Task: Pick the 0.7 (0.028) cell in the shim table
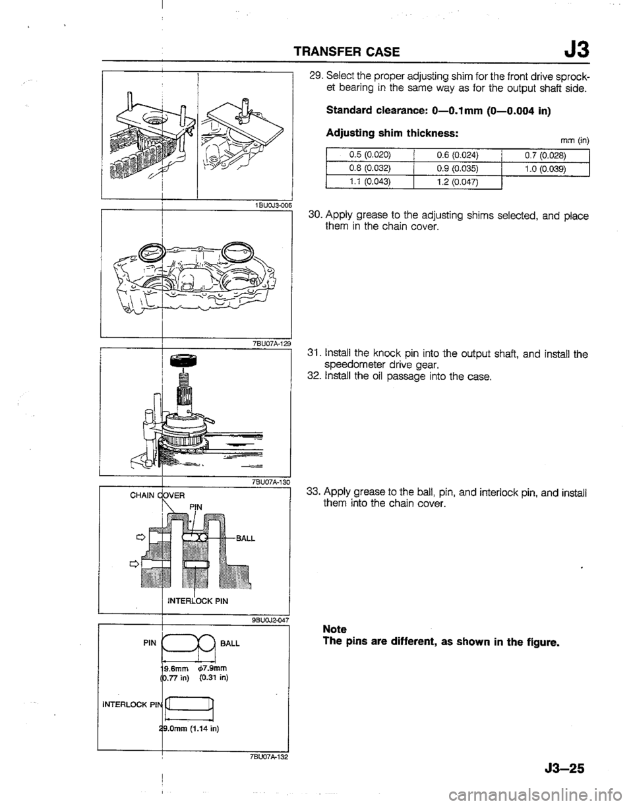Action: pos(545,155)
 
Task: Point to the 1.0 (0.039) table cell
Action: pos(545,168)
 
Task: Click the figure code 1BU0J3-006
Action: pos(266,205)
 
